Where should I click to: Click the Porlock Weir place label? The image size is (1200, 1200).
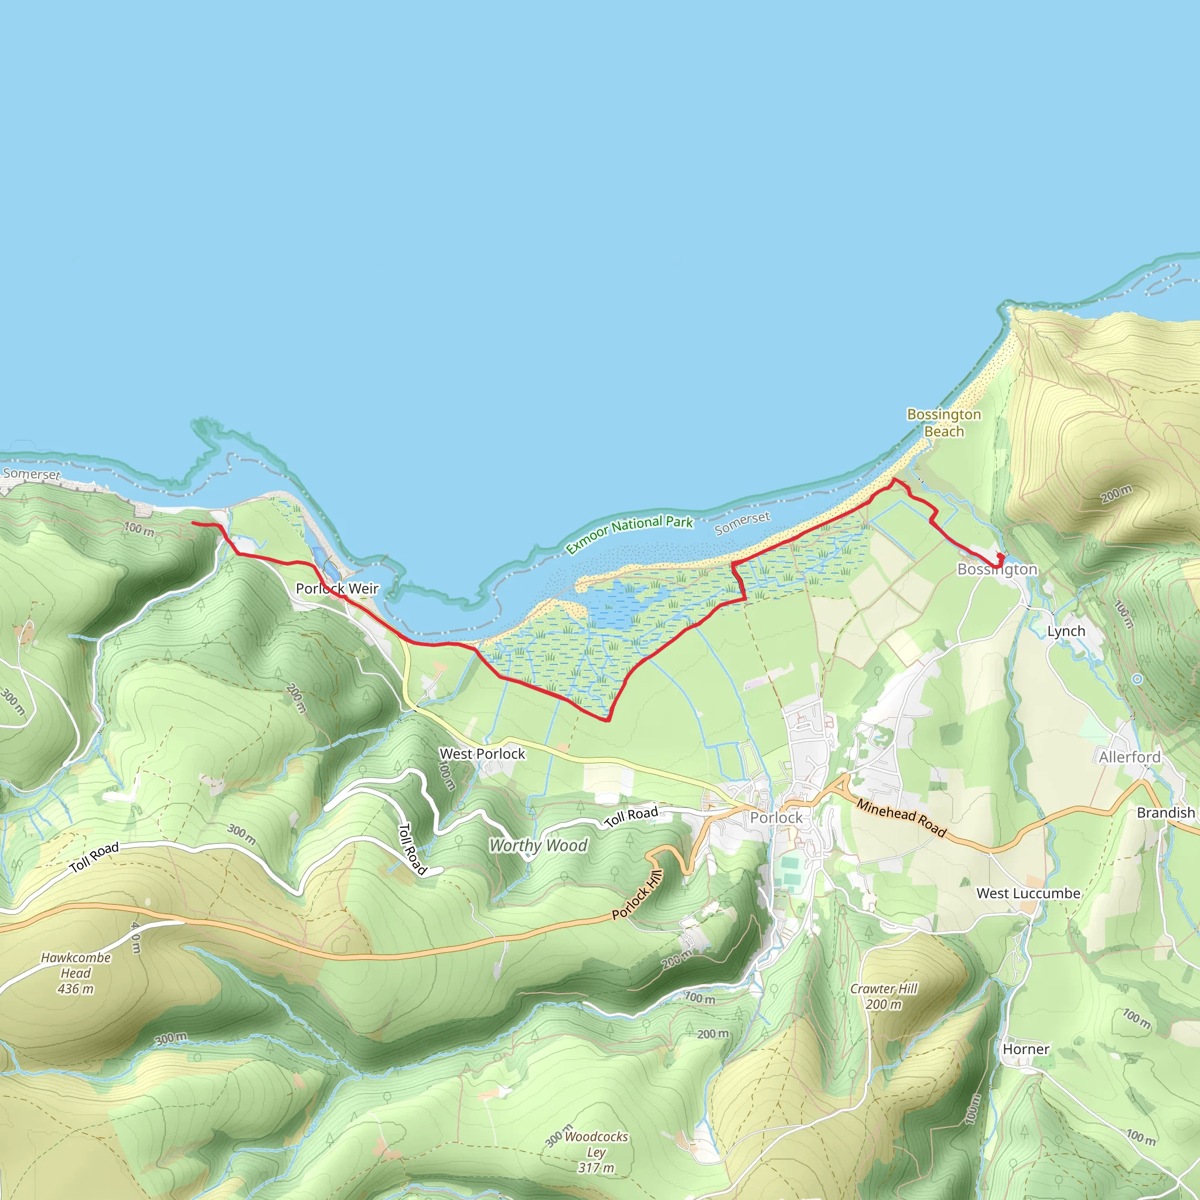337,588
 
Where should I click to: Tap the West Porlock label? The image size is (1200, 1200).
482,754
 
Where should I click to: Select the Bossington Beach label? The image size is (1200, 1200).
943,422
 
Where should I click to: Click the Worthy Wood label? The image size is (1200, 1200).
538,846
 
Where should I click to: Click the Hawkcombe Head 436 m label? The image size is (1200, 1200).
76,973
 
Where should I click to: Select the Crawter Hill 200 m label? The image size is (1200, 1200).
883,996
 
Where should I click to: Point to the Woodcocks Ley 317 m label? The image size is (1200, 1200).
596,1152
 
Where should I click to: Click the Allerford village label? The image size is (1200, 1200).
1129,757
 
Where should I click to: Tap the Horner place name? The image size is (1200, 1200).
1025,1049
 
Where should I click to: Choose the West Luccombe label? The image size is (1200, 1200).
1028,893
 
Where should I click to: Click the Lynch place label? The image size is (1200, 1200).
1066,631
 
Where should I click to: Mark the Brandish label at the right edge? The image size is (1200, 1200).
1165,813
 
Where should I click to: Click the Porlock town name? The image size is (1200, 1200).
776,817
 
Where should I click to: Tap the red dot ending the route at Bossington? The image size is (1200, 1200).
1000,556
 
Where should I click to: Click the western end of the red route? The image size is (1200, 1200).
193,524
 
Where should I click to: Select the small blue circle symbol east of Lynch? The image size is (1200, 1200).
1137,680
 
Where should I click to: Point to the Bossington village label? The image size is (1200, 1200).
997,569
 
